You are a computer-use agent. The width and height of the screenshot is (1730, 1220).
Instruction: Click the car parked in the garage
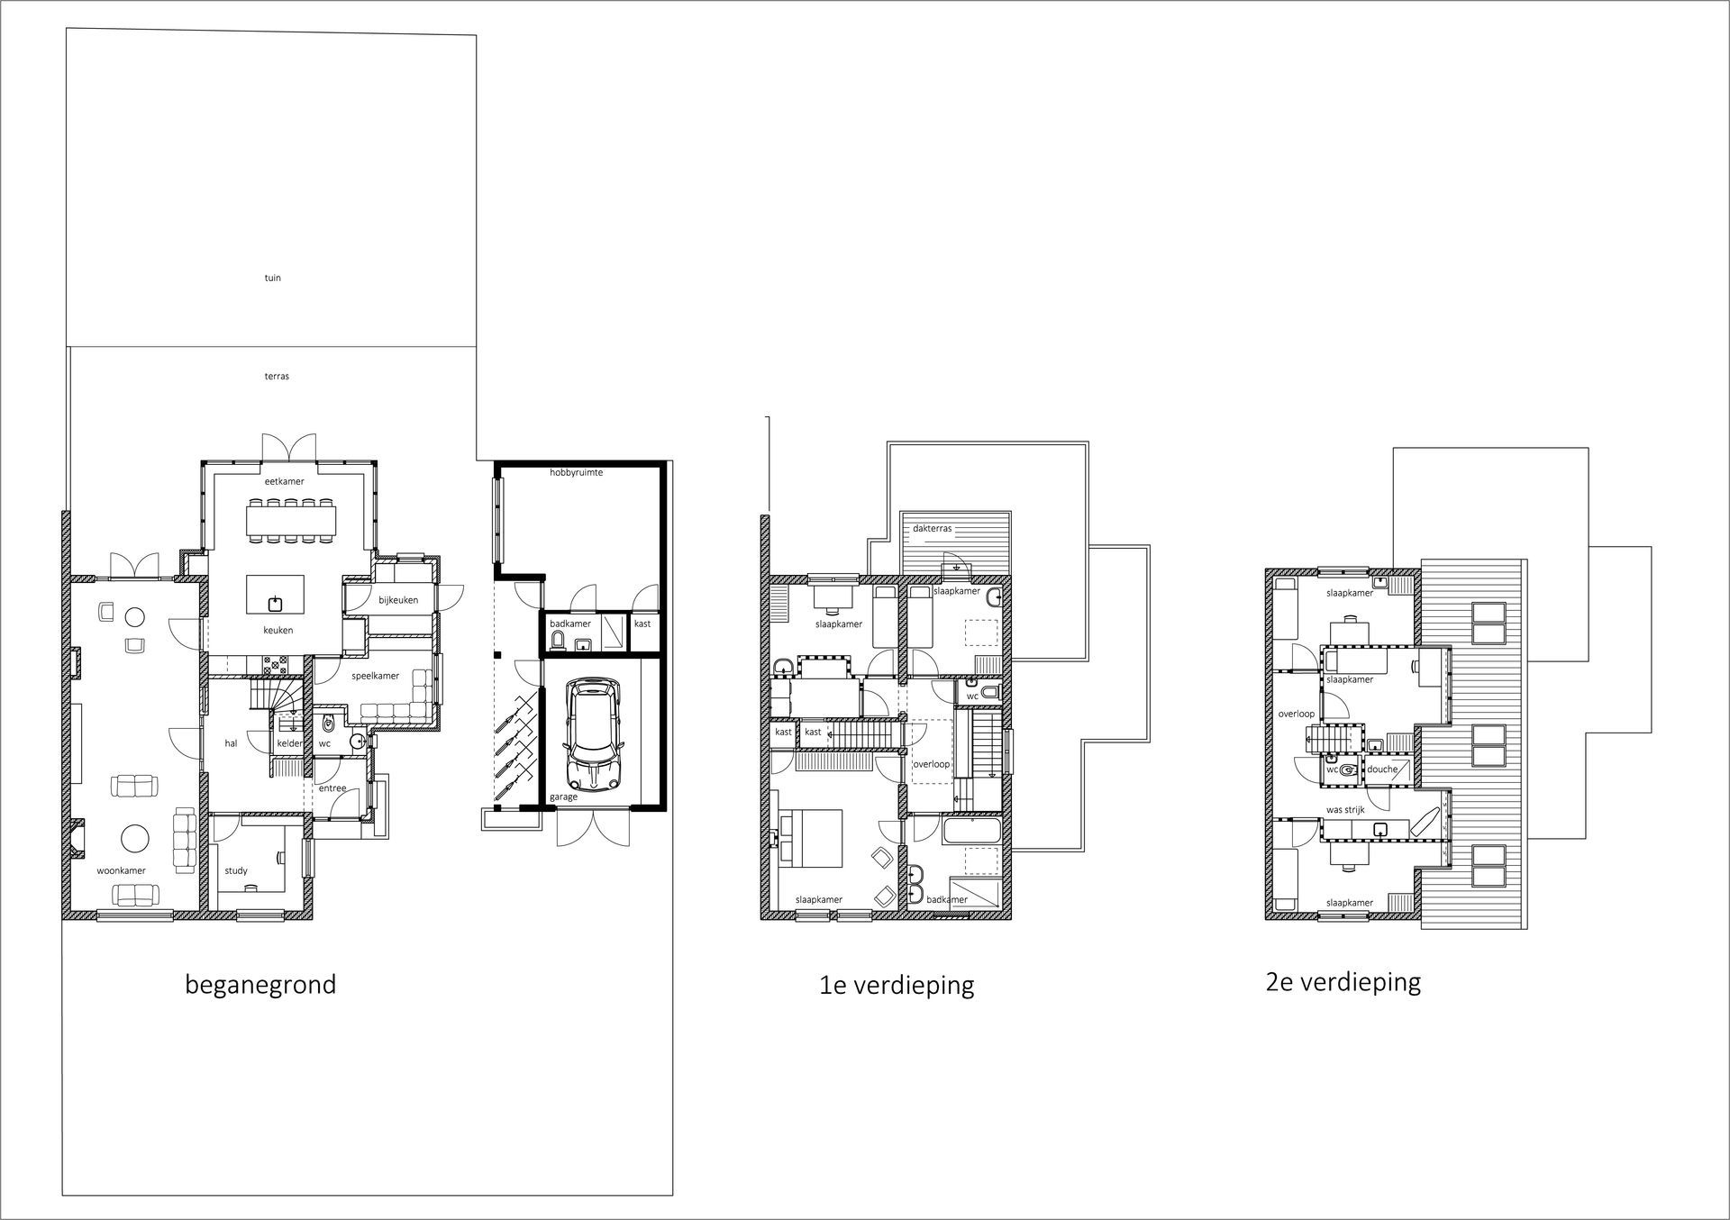tap(592, 734)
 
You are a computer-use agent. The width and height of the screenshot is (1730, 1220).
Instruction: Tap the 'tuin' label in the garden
tap(272, 278)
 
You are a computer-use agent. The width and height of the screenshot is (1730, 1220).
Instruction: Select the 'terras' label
tap(277, 376)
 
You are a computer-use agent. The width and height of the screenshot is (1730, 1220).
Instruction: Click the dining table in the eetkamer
tap(291, 519)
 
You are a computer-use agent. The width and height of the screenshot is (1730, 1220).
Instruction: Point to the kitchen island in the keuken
tap(276, 594)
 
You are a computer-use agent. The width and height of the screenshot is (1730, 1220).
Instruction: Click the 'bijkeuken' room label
tap(397, 600)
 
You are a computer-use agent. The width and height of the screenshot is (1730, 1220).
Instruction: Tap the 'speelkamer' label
tap(375, 676)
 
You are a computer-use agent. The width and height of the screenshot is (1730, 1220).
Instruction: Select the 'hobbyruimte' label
tap(576, 472)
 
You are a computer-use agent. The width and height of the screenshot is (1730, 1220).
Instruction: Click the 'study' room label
tap(236, 870)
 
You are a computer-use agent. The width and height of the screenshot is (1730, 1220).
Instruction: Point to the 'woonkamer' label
tap(121, 870)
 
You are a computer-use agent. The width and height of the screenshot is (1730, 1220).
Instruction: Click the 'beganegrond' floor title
tap(260, 984)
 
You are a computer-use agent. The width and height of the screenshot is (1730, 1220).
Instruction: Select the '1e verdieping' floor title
tap(897, 985)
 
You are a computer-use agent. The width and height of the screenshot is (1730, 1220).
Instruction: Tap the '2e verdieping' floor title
tap(1343, 981)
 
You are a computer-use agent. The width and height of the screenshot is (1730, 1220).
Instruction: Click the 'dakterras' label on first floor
tap(932, 529)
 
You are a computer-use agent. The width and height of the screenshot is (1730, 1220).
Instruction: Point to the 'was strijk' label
tap(1345, 810)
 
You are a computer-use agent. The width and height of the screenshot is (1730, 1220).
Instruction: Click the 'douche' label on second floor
tap(1382, 769)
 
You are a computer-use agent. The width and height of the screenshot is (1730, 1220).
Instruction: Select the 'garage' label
tap(563, 797)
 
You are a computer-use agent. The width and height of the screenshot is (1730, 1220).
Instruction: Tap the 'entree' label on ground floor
tap(332, 788)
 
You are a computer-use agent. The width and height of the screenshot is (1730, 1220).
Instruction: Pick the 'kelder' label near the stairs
tap(290, 743)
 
